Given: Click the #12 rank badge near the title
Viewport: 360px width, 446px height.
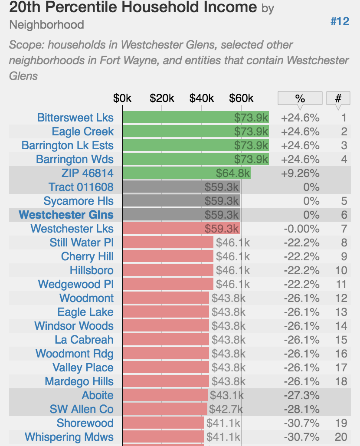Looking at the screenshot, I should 340,21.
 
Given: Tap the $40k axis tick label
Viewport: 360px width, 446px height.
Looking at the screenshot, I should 202,98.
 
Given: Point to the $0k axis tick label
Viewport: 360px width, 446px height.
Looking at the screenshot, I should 122,98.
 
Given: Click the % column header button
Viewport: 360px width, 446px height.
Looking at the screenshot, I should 300,98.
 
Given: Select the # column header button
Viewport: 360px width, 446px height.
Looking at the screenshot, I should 338,98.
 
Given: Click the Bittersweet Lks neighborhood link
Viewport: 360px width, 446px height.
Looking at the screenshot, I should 75,118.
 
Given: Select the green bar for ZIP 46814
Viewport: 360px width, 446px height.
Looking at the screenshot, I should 187,173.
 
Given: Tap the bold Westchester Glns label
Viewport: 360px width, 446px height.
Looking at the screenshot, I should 66,215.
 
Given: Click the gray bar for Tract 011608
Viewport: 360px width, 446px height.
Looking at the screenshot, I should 181,187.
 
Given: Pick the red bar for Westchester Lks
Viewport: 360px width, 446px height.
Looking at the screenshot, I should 181,229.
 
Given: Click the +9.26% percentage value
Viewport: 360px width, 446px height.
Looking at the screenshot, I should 300,173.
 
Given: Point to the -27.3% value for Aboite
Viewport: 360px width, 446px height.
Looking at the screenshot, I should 301,395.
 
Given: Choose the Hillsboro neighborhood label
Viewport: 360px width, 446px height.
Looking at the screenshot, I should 92,270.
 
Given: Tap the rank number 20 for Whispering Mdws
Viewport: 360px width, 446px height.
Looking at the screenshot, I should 341,437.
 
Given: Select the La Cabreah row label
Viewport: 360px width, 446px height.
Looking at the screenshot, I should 84,340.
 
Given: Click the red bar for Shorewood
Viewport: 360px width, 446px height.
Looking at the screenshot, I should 163,423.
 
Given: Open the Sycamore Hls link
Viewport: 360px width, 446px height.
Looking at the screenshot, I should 79,201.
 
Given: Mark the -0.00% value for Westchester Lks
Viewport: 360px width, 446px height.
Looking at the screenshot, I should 301,229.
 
